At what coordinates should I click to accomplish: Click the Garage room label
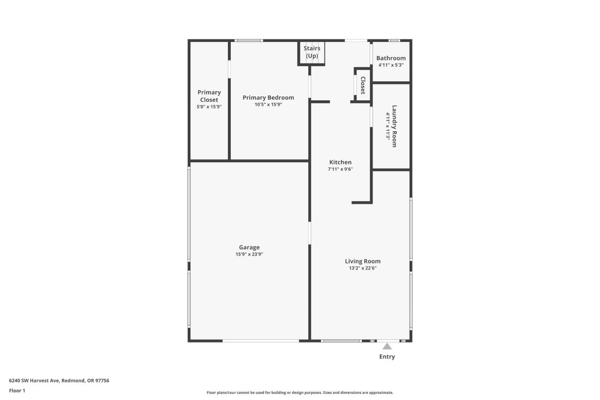point(249,247)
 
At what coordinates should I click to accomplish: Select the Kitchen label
point(340,162)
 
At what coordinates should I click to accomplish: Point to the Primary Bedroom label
point(268,97)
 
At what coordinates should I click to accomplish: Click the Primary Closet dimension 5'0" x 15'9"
point(209,107)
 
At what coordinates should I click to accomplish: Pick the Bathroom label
point(391,58)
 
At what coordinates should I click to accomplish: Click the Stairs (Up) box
point(312,53)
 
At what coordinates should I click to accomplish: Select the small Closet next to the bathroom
point(363,85)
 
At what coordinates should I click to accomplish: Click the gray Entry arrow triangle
point(387,346)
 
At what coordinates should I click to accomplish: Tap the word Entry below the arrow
point(387,357)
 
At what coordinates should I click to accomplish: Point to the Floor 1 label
point(17,390)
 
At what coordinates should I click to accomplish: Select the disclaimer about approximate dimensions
point(300,393)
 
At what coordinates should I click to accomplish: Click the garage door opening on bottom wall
point(261,341)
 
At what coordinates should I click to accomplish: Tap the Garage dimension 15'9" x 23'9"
point(249,254)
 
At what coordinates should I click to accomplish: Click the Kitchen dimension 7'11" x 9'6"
point(340,170)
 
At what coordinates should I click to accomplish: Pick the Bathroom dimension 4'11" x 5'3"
point(391,65)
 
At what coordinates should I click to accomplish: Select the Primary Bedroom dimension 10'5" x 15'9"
point(268,104)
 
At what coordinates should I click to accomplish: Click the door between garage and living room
point(310,233)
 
